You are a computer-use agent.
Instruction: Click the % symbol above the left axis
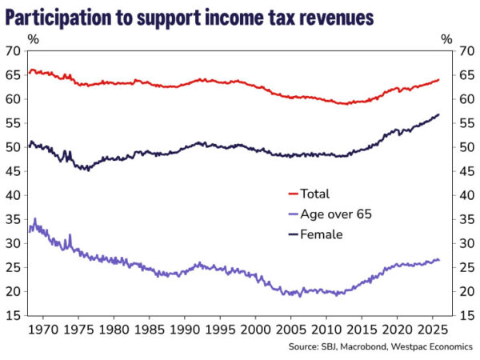32,37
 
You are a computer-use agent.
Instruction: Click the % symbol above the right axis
447,37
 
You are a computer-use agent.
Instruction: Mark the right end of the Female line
439,115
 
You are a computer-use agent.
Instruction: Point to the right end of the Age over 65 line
439,260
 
